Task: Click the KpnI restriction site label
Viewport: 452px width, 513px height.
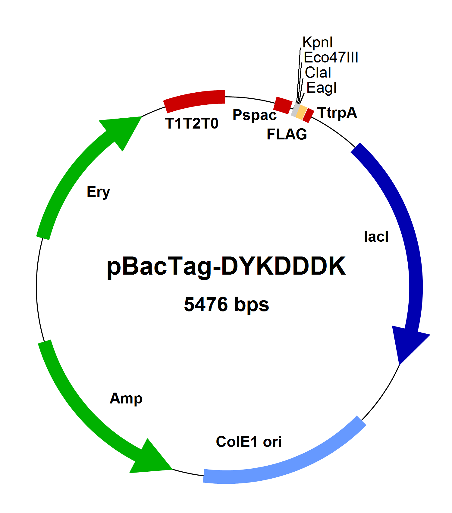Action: pyautogui.click(x=317, y=43)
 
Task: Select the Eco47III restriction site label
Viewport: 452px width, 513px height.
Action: pyautogui.click(x=331, y=58)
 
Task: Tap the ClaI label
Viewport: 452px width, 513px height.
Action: pyautogui.click(x=318, y=73)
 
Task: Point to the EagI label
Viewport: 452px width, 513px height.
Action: pyautogui.click(x=321, y=88)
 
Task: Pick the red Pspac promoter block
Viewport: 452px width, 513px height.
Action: pyautogui.click(x=283, y=105)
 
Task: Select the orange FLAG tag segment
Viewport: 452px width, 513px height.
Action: pyautogui.click(x=301, y=113)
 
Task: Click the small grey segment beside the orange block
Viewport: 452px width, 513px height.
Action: pyautogui.click(x=295, y=110)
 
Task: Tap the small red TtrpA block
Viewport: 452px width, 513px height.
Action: pyautogui.click(x=308, y=116)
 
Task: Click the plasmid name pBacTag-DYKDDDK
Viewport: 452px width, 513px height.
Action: pyautogui.click(x=226, y=266)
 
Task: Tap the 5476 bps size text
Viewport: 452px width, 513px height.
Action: pyautogui.click(x=226, y=304)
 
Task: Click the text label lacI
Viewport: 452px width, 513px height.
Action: pyautogui.click(x=376, y=237)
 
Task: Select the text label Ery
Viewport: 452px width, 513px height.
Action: pyautogui.click(x=98, y=192)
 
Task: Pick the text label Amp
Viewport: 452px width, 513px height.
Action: pyautogui.click(x=126, y=399)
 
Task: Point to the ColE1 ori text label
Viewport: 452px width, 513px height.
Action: pyautogui.click(x=249, y=442)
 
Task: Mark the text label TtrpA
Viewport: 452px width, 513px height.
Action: pyautogui.click(x=337, y=113)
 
